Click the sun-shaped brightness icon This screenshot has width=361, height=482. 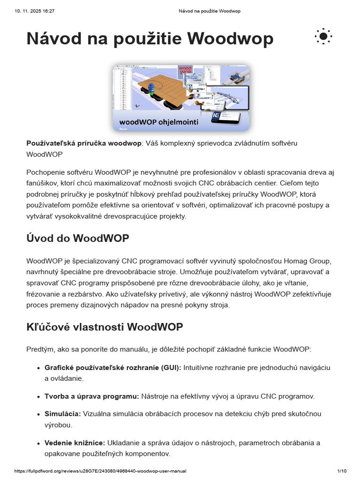pyautogui.click(x=323, y=36)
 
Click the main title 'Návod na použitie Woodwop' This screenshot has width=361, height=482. pyautogui.click(x=150, y=38)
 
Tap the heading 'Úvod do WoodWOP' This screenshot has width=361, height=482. pyautogui.click(x=78, y=238)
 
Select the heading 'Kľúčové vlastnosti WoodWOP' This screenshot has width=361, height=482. pyautogui.click(x=105, y=327)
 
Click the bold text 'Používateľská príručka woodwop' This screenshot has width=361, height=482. pyautogui.click(x=84, y=143)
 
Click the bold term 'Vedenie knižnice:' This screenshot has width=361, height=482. pyautogui.click(x=75, y=443)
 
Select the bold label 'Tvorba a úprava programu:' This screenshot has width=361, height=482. pyautogui.click(x=92, y=396)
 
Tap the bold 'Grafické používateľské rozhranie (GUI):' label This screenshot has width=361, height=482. pyautogui.click(x=113, y=367)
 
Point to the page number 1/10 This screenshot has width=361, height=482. pyautogui.click(x=342, y=471)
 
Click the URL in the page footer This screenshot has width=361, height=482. pyautogui.click(x=101, y=471)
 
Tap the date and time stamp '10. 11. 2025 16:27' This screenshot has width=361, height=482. pyautogui.click(x=35, y=11)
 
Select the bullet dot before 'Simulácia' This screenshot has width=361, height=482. pyautogui.click(x=38, y=414)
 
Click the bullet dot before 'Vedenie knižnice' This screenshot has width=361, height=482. pyautogui.click(x=38, y=443)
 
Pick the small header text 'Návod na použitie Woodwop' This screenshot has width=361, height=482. pyautogui.click(x=210, y=11)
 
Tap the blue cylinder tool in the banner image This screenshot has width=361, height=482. pyautogui.click(x=152, y=90)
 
